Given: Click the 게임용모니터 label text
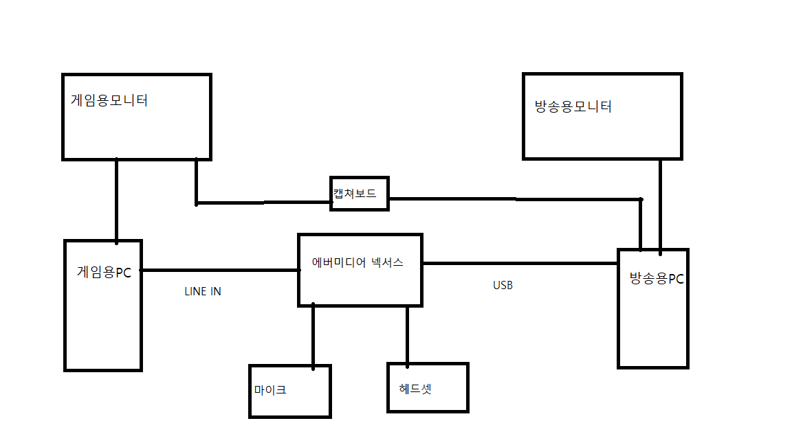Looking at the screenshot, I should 109,100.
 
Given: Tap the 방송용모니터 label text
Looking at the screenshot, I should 573,107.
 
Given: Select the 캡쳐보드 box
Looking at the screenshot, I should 359,194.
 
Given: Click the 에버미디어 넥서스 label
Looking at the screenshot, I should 357,262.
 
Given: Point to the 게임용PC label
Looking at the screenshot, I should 104,272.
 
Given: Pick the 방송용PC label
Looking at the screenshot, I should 657,279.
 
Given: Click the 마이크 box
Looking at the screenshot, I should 289,391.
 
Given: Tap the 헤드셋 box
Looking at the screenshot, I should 428,388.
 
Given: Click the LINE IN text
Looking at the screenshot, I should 203,291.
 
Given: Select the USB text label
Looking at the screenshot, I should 503,286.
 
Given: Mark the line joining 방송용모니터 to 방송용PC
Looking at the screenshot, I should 661,205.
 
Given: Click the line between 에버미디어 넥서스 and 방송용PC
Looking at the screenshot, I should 520,263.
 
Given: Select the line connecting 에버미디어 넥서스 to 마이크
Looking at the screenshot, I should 313,335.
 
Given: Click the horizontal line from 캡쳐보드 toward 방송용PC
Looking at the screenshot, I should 516,199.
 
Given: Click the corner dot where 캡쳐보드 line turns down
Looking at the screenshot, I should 641,200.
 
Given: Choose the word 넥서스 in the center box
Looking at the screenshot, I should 387,262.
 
